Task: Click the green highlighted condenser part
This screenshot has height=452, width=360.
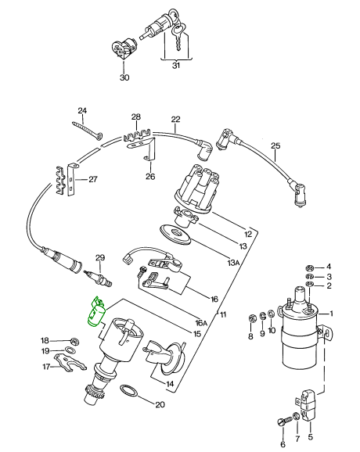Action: (x=97, y=313)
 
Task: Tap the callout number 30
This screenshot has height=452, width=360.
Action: (x=124, y=77)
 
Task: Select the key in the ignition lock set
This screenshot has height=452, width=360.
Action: (x=179, y=36)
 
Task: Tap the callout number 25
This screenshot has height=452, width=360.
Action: (x=275, y=145)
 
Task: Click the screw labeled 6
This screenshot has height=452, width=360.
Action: (x=283, y=422)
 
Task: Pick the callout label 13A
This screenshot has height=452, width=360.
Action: (x=234, y=263)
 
